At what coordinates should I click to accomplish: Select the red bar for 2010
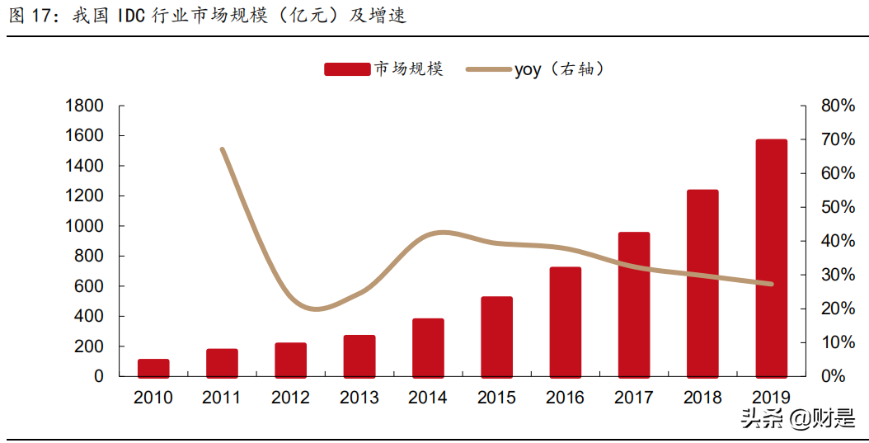coord(153,368)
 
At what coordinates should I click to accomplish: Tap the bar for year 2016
coord(566,322)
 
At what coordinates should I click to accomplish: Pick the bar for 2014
coord(428,347)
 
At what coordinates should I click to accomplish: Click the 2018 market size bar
coord(702,283)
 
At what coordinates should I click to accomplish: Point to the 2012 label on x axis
coord(290,398)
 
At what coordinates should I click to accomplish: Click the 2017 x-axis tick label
coord(634,398)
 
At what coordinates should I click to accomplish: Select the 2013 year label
coord(359,398)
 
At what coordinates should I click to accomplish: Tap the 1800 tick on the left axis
coord(84,106)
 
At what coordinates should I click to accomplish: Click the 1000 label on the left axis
coord(84,226)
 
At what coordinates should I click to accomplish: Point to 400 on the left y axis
coord(89,316)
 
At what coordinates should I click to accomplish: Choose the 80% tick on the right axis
coord(838,106)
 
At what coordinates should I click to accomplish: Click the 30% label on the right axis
coord(838,275)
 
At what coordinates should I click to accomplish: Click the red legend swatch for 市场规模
coord(346,70)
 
